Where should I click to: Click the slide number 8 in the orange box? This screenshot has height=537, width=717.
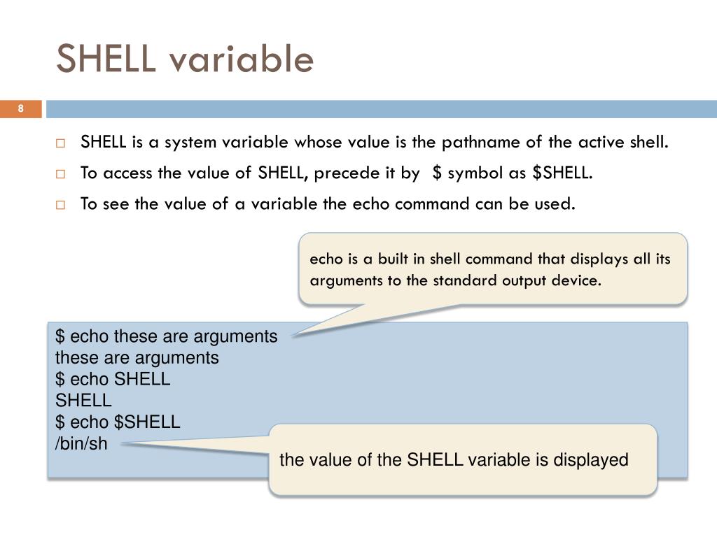(21, 108)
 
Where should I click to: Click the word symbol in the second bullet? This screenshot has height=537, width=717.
(476, 173)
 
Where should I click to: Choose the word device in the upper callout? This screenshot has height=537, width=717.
(578, 281)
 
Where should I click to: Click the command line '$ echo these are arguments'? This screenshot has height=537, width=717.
(167, 336)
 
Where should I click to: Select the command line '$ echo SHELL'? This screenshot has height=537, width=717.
(113, 379)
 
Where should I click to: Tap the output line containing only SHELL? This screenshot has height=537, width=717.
(83, 401)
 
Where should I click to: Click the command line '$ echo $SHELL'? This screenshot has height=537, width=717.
(118, 422)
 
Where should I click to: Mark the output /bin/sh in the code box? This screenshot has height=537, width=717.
(81, 443)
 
